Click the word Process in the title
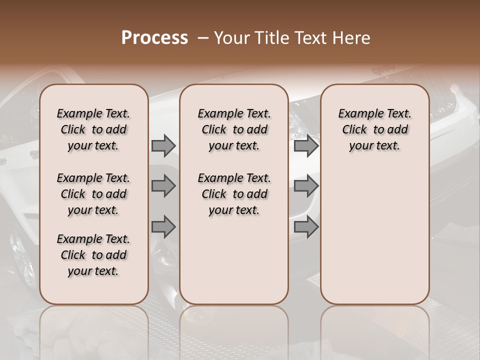154,38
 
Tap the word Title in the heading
270,38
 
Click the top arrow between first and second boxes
163,146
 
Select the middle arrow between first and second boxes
163,186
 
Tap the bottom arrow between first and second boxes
163,227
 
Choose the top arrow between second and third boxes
306,146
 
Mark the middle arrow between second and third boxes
306,186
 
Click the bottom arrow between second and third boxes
306,227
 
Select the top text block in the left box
93,129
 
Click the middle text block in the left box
93,194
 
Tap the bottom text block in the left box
93,255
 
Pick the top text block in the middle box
234,129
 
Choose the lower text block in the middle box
234,194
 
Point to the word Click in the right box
354,130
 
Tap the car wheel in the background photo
22,255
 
